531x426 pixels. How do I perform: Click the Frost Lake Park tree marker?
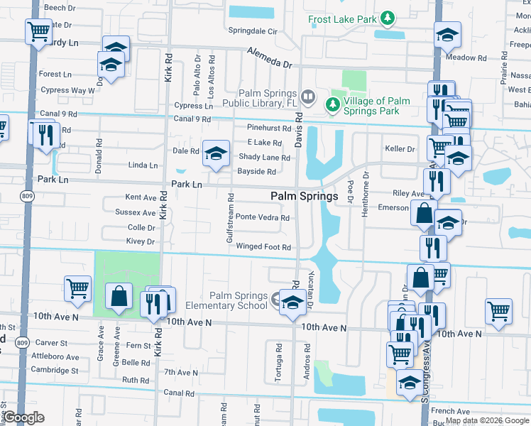coord(388,17)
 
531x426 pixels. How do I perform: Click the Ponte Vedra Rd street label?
coord(263,218)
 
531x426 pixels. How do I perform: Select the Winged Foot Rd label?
coord(264,247)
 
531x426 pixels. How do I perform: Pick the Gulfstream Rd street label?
coord(230,217)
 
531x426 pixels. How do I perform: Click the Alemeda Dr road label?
coord(270,58)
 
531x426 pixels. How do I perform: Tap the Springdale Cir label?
coord(252,31)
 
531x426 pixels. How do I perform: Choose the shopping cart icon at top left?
coord(38,31)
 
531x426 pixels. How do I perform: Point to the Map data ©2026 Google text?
coord(487,420)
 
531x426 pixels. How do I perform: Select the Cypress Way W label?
coord(67,91)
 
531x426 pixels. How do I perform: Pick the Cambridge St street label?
coord(54,371)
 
